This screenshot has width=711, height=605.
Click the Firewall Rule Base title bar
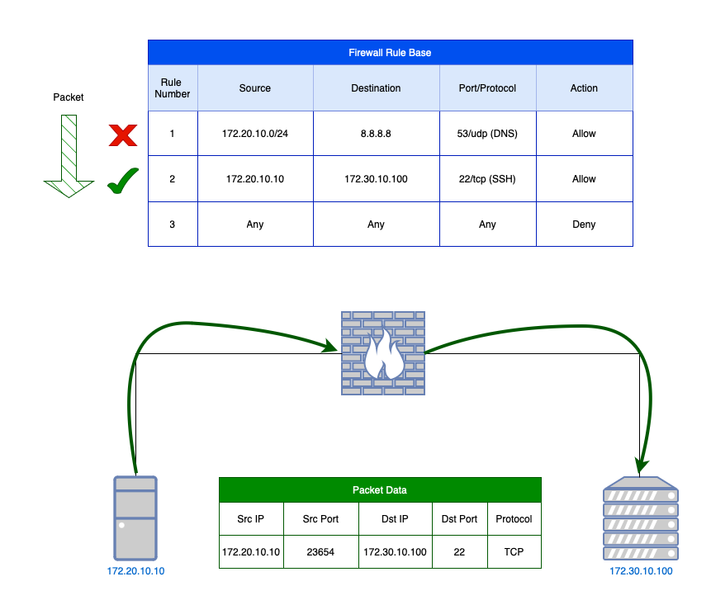click(x=390, y=52)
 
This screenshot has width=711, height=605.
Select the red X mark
click(x=123, y=135)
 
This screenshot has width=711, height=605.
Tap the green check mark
click(x=122, y=179)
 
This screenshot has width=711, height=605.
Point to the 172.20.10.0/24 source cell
click(x=254, y=134)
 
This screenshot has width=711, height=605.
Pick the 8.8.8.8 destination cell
click(x=376, y=134)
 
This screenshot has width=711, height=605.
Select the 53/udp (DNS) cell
click(x=487, y=134)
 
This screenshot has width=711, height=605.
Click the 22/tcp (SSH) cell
click(x=487, y=179)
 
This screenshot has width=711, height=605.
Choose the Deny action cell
click(x=584, y=224)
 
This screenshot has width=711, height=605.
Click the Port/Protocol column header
click(x=487, y=88)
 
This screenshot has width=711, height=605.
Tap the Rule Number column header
click(x=172, y=88)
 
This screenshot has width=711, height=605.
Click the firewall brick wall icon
click(x=382, y=352)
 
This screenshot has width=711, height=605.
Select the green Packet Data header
click(x=380, y=489)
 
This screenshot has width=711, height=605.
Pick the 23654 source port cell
click(x=320, y=551)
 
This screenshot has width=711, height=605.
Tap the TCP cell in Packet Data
click(x=514, y=551)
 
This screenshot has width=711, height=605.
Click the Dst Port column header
click(x=459, y=519)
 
